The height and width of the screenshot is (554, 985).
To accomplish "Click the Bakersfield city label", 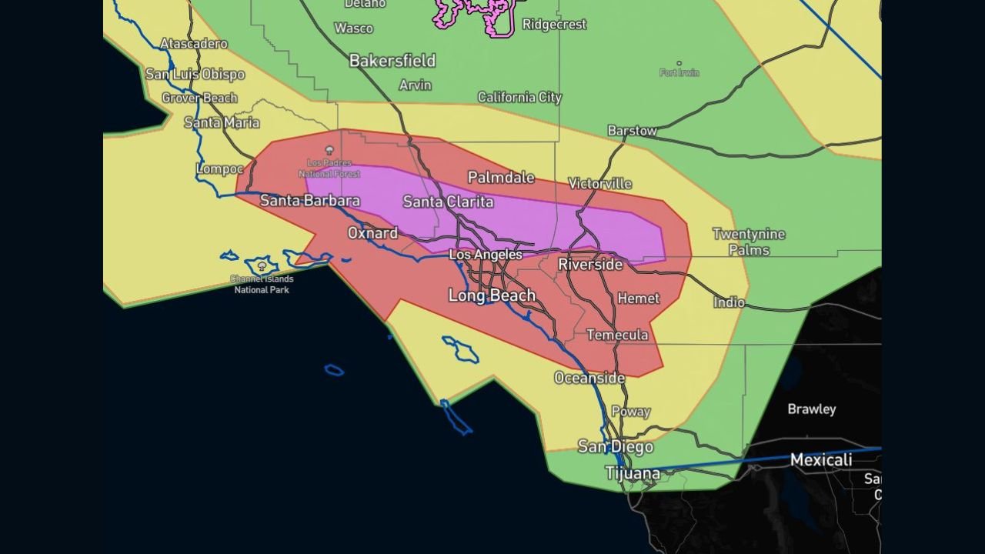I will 392,61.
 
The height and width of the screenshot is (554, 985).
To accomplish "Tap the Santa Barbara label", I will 309,201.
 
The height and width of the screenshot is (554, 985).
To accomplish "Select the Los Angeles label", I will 485,255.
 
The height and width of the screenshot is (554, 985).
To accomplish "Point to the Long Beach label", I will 492,295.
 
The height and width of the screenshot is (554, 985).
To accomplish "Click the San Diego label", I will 615,446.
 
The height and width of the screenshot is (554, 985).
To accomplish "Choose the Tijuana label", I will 633,472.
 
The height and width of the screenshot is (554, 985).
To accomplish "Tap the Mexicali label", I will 821,460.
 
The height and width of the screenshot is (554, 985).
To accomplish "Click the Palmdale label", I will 501,178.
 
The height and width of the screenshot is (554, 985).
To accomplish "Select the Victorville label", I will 599,183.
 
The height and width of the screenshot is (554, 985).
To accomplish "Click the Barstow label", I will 632,131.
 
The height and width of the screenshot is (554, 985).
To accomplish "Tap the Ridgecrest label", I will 554,25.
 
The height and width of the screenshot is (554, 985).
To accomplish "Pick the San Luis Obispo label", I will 195,75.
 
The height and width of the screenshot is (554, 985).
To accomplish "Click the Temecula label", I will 617,335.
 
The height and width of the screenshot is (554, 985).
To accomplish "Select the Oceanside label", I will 589,378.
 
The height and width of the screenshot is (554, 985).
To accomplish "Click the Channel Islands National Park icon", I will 262,265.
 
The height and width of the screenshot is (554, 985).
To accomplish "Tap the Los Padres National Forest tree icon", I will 329,150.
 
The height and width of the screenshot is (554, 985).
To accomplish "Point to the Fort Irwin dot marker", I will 679,63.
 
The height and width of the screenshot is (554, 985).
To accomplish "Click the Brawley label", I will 811,409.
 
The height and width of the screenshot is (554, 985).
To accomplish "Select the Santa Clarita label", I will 448,202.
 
